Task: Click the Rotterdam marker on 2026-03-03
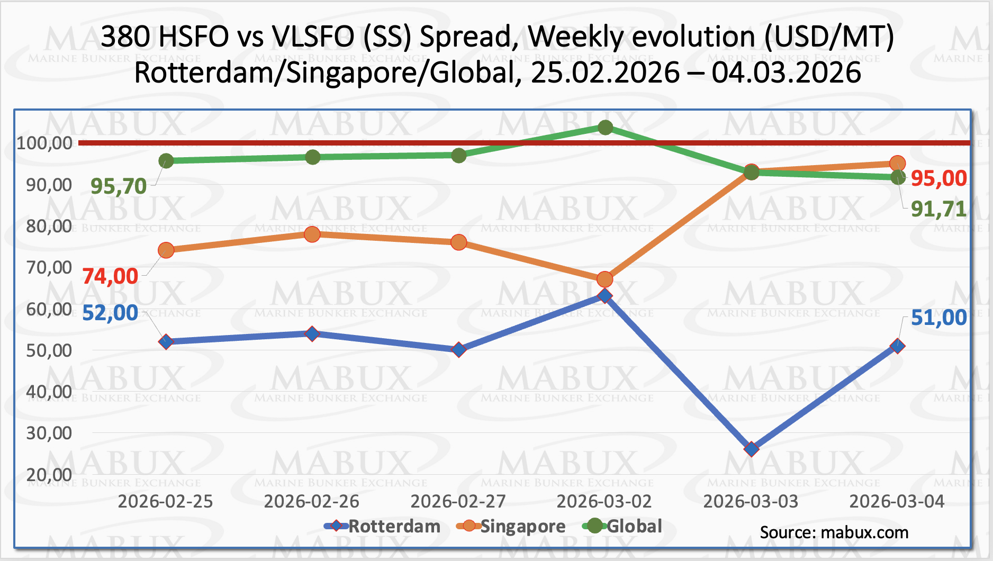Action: click(751, 449)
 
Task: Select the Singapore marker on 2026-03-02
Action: click(605, 279)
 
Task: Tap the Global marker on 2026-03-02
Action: click(606, 128)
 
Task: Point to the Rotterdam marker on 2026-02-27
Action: click(459, 350)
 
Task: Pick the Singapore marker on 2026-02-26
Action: click(312, 234)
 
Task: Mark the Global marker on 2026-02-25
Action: click(166, 160)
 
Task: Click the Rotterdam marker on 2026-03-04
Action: click(897, 346)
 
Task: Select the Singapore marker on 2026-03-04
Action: click(897, 163)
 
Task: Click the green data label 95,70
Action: click(119, 186)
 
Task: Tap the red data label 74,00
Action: click(110, 276)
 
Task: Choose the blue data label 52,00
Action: click(110, 313)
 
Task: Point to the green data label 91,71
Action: click(938, 210)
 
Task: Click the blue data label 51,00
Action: click(938, 318)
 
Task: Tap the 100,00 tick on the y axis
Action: click(44, 143)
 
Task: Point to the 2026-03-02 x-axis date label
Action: click(604, 501)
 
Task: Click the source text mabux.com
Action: click(864, 532)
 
